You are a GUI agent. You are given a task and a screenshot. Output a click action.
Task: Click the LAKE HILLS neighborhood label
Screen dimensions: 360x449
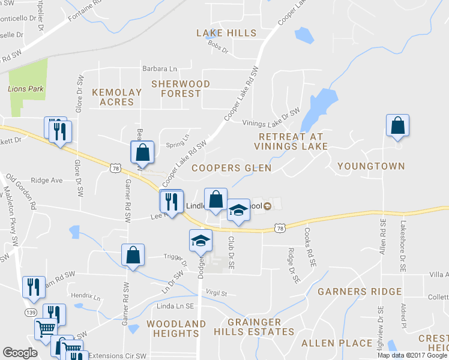pos(226,33)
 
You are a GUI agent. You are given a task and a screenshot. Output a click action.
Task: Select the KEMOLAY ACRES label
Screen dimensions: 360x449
pos(116,97)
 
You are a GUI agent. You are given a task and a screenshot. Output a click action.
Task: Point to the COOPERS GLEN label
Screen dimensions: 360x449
pos(231,168)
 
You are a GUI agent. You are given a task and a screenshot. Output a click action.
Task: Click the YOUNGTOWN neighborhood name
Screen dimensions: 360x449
pos(370,166)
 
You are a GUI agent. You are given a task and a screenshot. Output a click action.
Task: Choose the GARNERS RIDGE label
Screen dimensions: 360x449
pos(360,292)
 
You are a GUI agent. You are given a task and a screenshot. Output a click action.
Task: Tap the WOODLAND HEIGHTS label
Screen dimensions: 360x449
pos(176,329)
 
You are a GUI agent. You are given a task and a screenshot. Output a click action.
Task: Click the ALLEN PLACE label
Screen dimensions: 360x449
pos(337,343)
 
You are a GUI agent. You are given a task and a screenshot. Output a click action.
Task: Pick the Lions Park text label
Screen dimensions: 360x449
pos(26,89)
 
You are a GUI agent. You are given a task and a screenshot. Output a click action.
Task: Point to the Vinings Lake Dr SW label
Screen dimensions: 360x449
pos(271,118)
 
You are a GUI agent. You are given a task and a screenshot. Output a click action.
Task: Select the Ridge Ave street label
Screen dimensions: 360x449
pos(47,180)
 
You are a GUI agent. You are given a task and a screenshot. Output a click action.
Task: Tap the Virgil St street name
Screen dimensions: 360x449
pos(216,294)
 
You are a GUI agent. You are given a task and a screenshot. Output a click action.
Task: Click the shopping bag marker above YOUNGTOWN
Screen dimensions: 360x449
pos(397,126)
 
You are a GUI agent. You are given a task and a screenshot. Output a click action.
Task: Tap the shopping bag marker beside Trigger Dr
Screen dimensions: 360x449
pos(133,255)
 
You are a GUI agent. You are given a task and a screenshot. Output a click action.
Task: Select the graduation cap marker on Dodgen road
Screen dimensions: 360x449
pos(200,241)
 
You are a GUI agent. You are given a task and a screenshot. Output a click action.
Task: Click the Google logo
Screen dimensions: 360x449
pos(20,353)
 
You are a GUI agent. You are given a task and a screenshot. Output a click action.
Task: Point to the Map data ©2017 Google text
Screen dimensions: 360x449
pos(412,355)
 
